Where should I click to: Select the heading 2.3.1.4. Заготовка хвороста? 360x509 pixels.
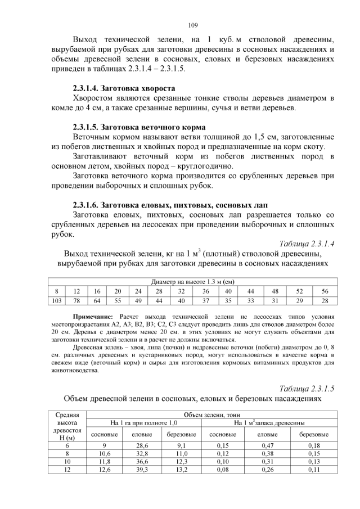pyautogui.click(x=124, y=88)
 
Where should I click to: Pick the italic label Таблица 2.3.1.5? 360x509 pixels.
pyautogui.click(x=307, y=389)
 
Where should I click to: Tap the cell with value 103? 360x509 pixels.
pyautogui.click(x=56, y=300)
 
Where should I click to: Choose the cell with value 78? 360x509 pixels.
pyautogui.click(x=76, y=300)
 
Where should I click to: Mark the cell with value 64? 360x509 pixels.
pyautogui.click(x=97, y=300)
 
